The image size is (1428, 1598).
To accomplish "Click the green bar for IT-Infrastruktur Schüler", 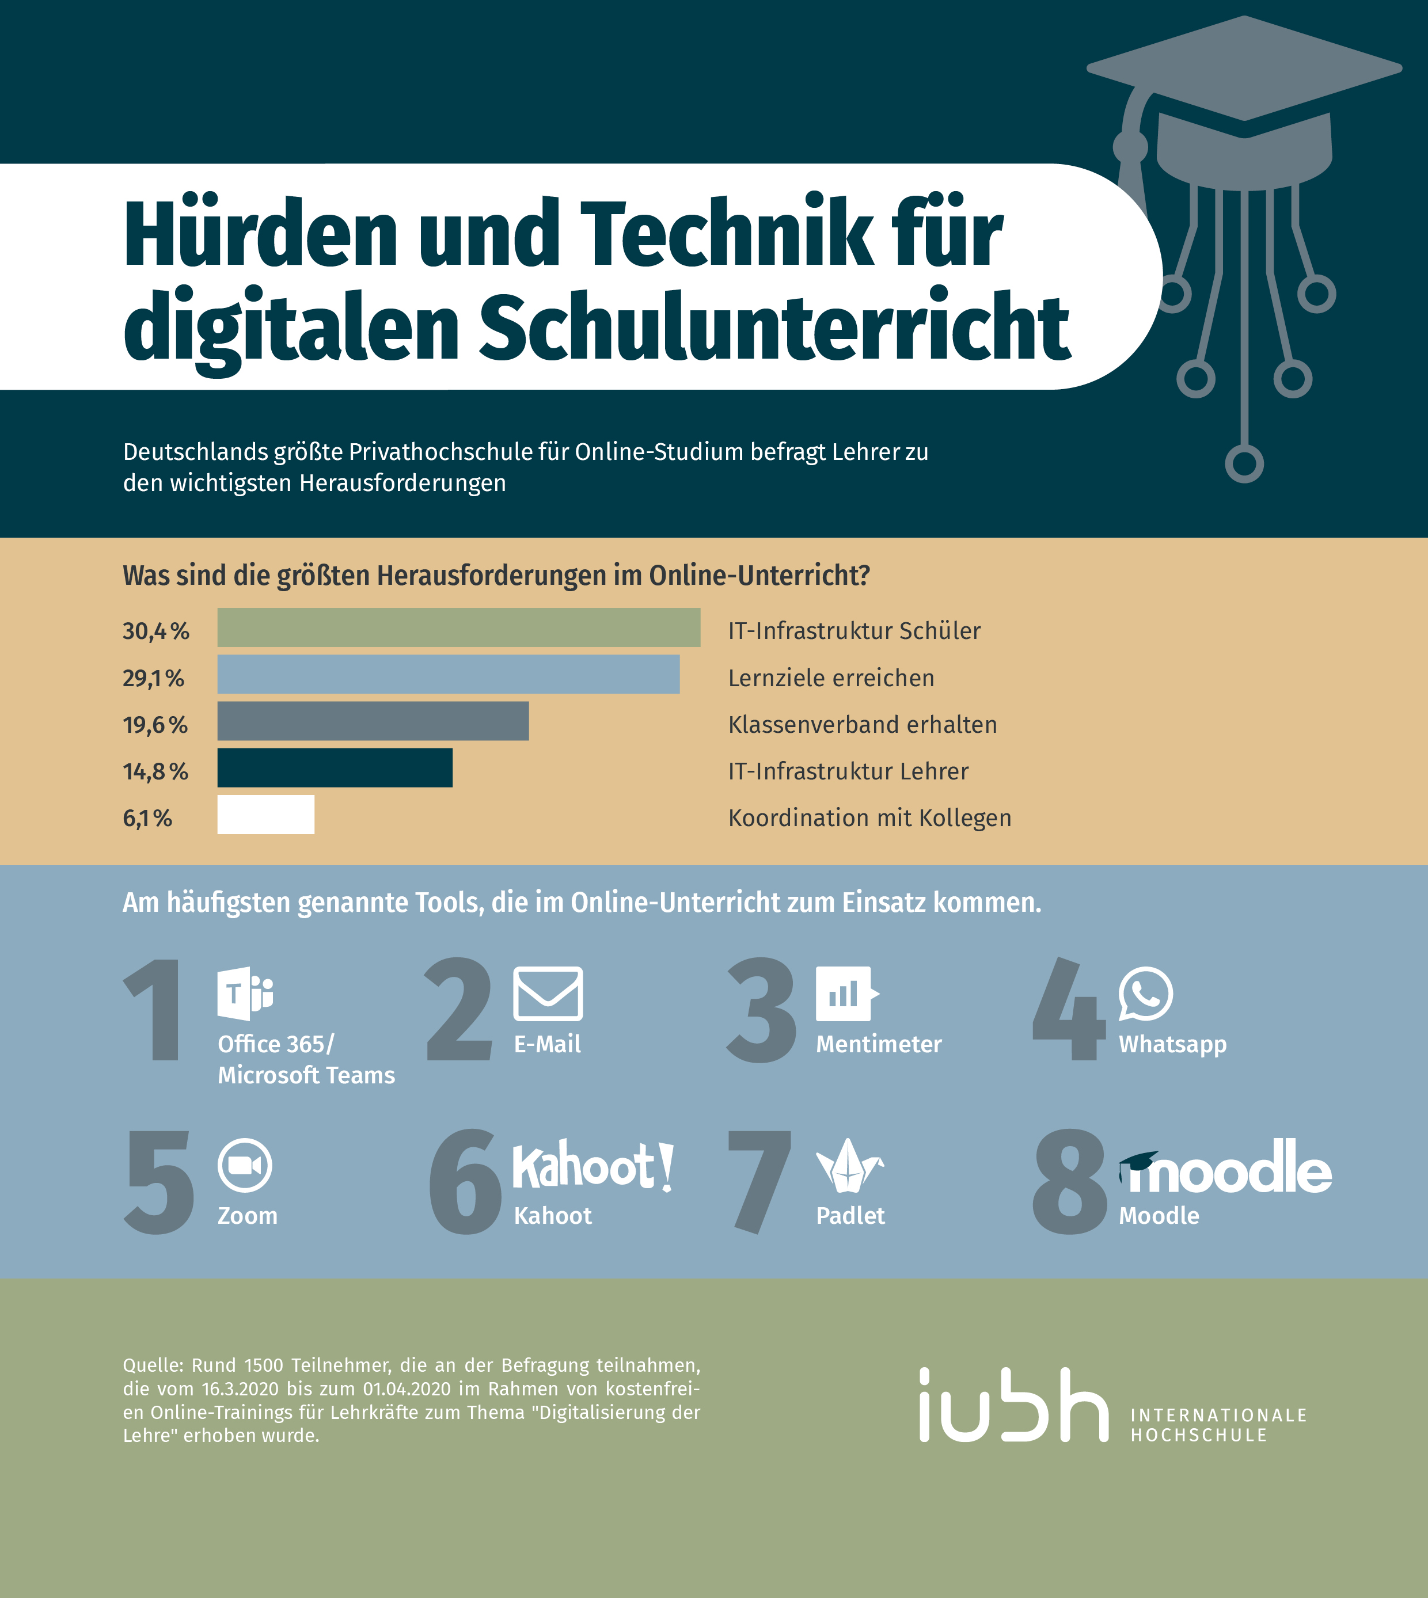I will click(458, 627).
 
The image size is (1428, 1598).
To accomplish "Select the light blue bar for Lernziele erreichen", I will click(448, 674).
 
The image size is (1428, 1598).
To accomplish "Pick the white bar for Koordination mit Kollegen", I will click(265, 815).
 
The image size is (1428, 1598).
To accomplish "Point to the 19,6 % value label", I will click(155, 725).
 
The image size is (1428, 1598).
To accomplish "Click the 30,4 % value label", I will click(156, 631).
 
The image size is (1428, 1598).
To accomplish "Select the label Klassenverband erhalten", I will click(863, 725).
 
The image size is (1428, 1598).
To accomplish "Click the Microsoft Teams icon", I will click(245, 993).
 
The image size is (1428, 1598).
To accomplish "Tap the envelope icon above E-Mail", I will click(548, 993).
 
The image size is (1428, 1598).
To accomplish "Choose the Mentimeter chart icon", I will click(846, 993).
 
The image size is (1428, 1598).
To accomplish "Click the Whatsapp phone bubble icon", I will click(1145, 993).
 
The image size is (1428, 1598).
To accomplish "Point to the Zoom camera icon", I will click(245, 1165).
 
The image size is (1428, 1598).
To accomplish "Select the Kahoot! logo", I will click(593, 1166).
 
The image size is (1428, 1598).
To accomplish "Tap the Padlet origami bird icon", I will click(849, 1165).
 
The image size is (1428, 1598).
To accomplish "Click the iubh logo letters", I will click(1013, 1406).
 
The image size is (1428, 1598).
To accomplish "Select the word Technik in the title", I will click(726, 233).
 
